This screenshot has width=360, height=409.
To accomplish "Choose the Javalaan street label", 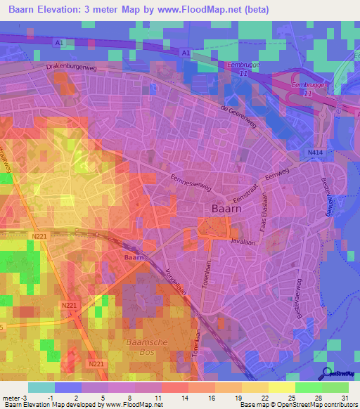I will tap(243, 240).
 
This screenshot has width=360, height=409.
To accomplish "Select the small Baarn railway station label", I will tap(134, 258).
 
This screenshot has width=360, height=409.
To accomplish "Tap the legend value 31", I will tap(344, 398).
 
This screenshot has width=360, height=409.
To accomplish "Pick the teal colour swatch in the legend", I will tap(41, 387).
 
